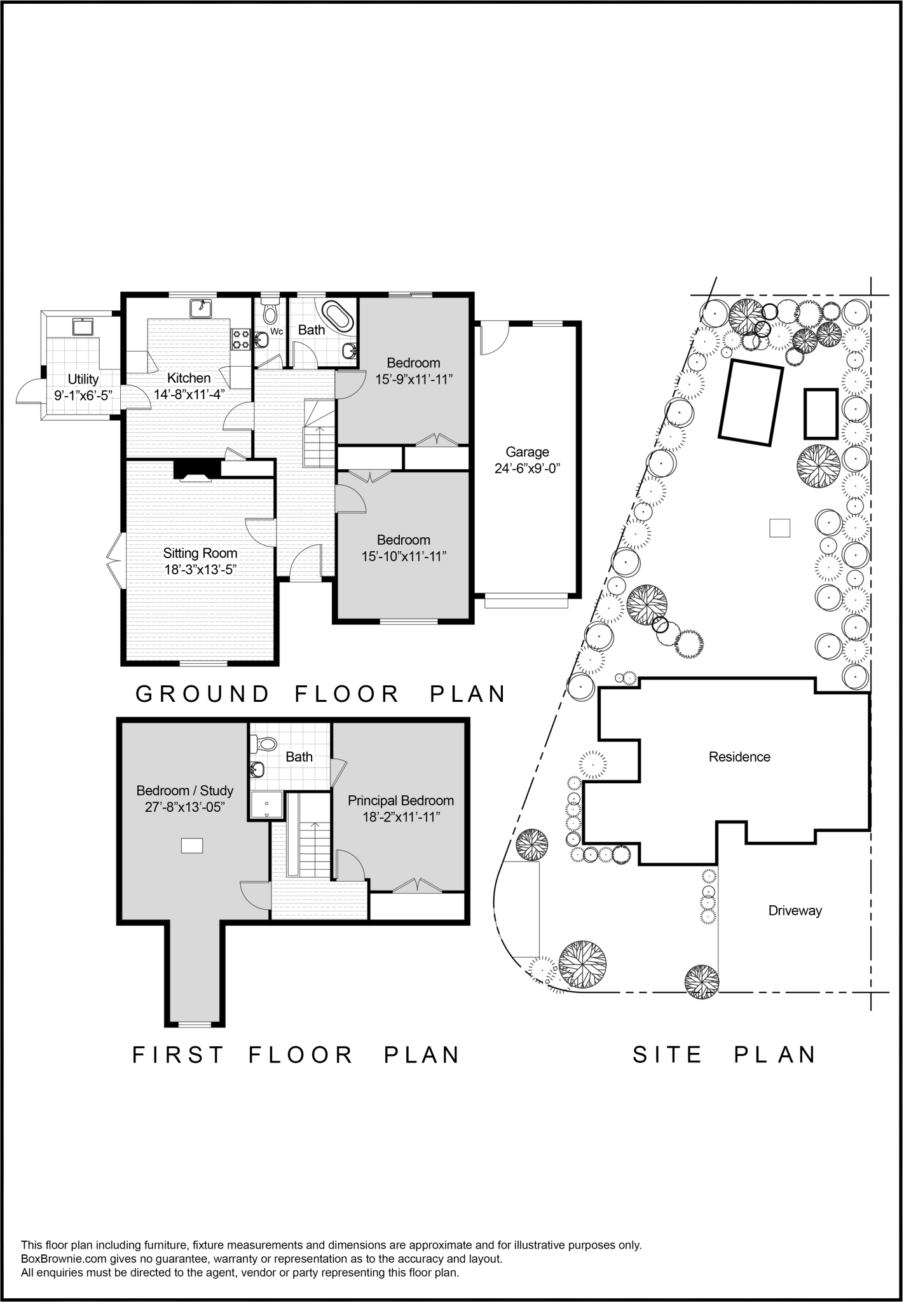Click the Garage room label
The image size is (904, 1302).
[527, 452]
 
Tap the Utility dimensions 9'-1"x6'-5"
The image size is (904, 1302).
[83, 395]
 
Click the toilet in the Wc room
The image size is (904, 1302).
[270, 313]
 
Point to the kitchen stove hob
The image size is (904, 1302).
[241, 339]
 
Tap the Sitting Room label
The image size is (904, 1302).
[200, 553]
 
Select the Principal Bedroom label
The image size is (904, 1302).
[401, 801]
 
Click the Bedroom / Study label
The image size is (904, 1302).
[185, 791]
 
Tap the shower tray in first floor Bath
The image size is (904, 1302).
[266, 805]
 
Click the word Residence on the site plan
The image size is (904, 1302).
[739, 757]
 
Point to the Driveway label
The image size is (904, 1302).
[795, 910]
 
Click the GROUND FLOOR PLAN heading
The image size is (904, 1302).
[321, 694]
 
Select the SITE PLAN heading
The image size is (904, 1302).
[724, 1055]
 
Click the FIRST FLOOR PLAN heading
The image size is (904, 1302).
[296, 1055]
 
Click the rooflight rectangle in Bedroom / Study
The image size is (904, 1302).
[192, 846]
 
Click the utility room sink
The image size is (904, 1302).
[83, 327]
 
